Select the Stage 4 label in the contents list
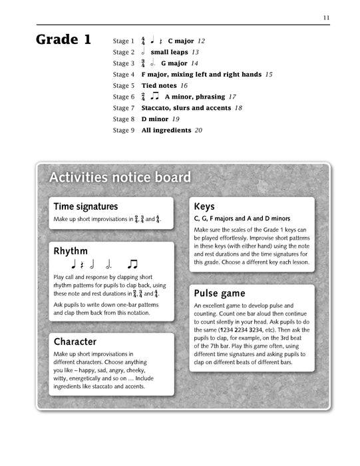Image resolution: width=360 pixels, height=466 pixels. (124, 75)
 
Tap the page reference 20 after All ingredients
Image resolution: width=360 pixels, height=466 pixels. (198, 130)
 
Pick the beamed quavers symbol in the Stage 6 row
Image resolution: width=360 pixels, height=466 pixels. (154, 97)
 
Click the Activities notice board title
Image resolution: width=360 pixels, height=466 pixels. (120, 178)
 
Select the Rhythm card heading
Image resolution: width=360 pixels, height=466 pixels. (71, 251)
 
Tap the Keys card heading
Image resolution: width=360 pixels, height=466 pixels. (204, 207)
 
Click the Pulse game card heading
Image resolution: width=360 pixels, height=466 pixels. (220, 293)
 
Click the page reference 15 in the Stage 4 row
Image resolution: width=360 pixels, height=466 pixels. (268, 75)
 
